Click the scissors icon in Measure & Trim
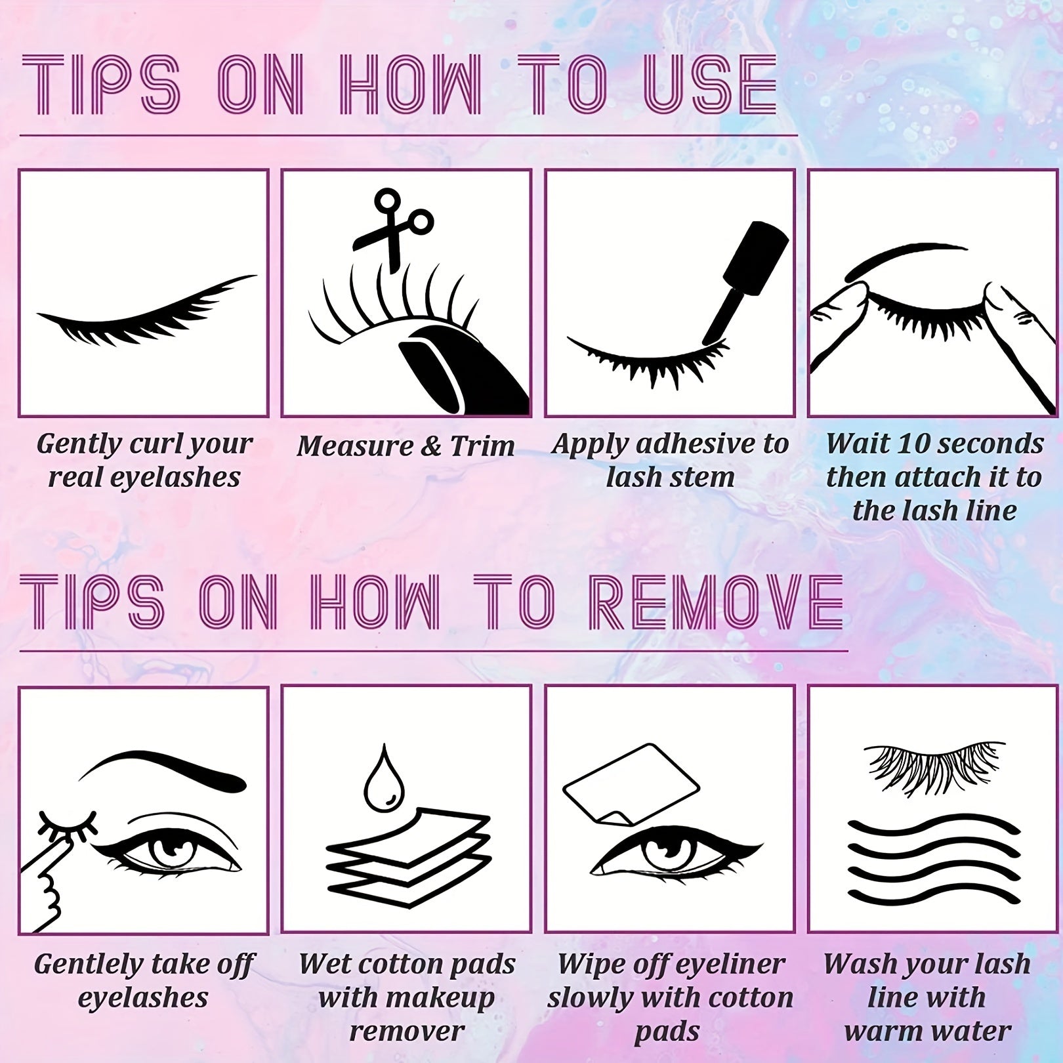point(392,226)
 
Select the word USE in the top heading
point(709,85)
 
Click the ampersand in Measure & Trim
point(430,446)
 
